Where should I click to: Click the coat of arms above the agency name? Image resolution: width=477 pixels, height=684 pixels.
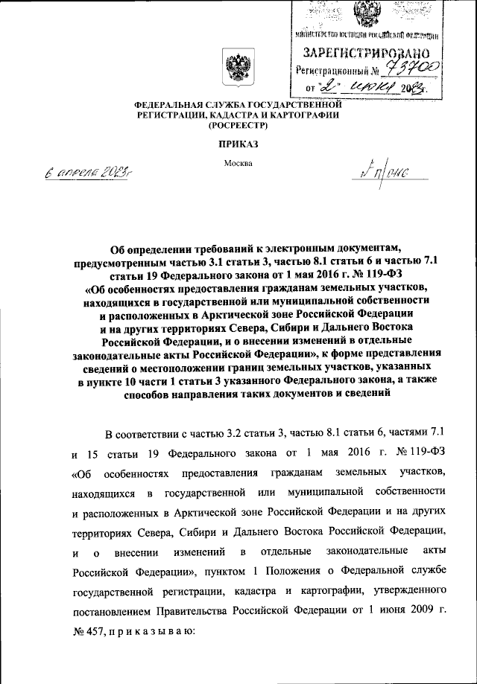pos(238,68)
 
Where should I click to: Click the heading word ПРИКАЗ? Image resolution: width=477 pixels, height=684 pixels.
pos(238,147)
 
